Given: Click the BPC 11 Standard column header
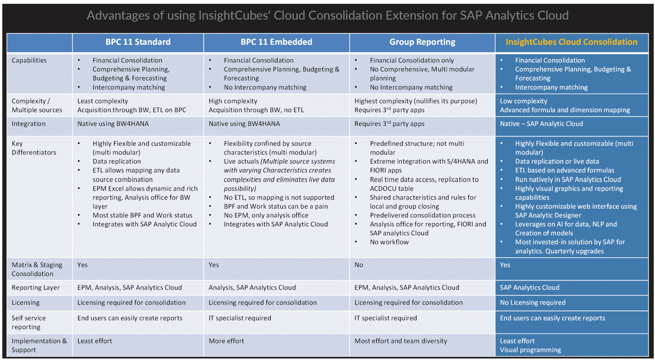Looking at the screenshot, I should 138,42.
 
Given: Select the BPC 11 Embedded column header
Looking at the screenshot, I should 276,42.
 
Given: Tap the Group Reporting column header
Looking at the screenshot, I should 422,42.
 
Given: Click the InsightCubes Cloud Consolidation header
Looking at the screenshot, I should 571,42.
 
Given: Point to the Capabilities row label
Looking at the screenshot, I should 29,61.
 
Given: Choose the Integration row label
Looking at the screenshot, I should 29,124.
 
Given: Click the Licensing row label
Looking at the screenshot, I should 26,302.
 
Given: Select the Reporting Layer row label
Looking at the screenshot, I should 36,287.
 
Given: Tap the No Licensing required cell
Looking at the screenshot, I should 533,302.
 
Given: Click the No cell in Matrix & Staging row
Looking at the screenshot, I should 359,265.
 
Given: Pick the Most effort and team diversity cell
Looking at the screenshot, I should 401,341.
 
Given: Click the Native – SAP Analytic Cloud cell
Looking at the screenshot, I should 542,124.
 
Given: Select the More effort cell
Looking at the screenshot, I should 226,341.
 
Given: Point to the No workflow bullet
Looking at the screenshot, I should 389,242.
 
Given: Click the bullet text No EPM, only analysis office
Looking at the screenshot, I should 266,215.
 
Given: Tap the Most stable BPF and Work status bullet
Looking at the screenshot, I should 142,215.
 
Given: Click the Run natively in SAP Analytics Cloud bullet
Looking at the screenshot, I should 568,180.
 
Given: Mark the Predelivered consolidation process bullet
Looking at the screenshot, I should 423,215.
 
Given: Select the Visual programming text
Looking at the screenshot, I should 530,350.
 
